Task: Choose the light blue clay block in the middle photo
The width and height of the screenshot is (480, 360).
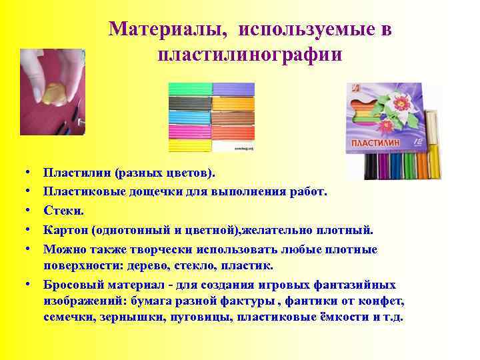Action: (x=189, y=115)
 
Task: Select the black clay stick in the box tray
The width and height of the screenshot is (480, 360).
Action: (x=371, y=167)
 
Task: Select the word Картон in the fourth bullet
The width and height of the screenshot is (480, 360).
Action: (x=65, y=230)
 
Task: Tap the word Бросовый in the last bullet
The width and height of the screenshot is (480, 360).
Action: (x=71, y=284)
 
